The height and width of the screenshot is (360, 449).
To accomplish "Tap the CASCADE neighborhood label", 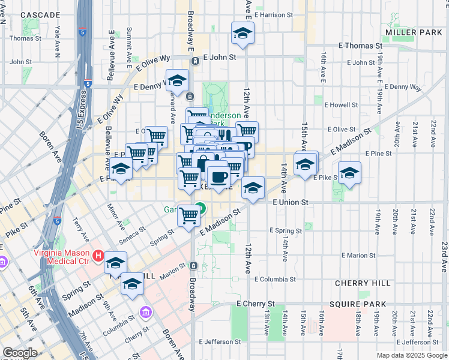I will click(40, 14).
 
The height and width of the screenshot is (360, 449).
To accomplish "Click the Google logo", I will click(20, 353).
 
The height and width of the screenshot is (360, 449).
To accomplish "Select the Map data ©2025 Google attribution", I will click(412, 355).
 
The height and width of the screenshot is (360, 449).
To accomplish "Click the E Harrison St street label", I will click(273, 14).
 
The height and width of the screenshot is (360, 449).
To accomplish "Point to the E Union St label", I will click(290, 203).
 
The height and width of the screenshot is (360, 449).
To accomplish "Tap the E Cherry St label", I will click(255, 304).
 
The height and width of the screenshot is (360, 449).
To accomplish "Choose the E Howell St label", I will click(341, 104).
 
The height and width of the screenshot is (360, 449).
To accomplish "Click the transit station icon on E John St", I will click(195, 61).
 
